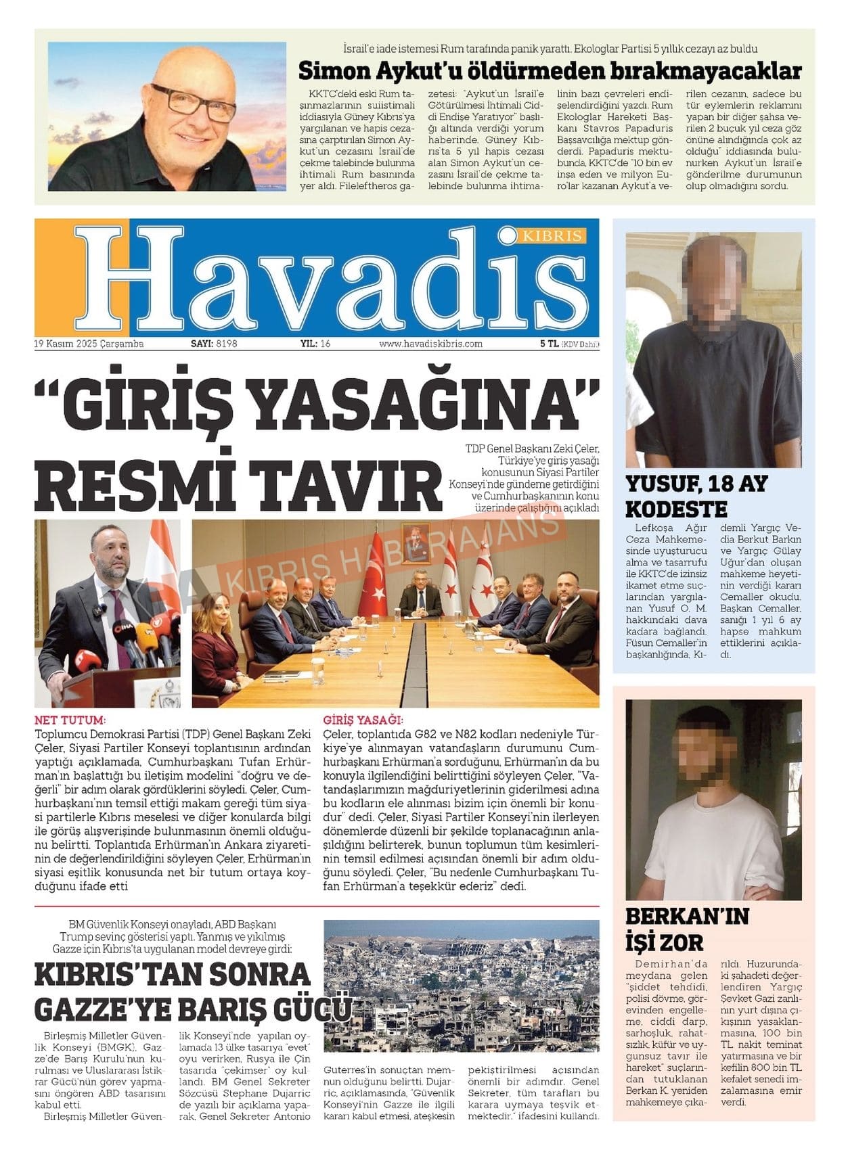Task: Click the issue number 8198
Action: (227, 344)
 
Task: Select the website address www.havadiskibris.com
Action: (430, 344)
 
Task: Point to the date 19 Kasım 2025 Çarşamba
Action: (89, 344)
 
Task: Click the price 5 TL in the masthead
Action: (548, 344)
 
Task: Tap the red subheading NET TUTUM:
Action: (70, 720)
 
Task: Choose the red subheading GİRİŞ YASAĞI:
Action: (363, 720)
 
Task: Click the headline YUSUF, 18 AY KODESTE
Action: (696, 496)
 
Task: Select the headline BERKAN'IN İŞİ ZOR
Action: (687, 928)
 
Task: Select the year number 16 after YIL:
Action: (325, 344)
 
